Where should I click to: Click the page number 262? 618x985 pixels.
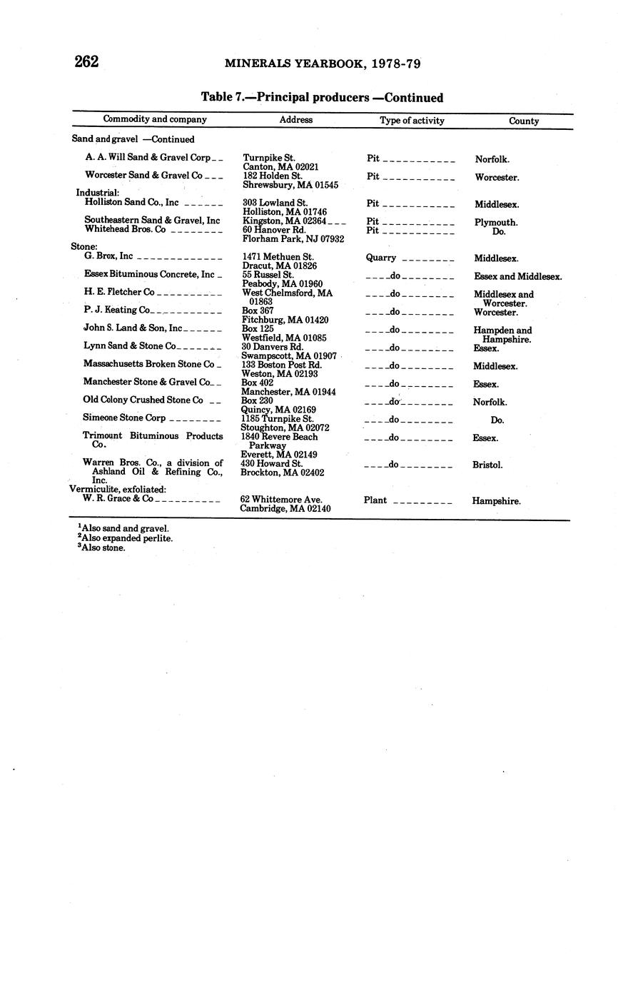86,62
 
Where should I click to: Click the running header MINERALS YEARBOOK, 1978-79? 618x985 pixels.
323,64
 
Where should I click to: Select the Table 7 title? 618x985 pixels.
322,98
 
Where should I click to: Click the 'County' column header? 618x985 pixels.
524,121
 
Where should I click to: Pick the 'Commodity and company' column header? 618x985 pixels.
155,119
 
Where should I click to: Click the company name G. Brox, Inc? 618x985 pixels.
108,256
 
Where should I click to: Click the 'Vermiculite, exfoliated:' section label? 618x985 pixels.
118,489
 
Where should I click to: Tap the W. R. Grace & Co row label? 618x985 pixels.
118,498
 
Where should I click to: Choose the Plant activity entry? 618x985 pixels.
375,500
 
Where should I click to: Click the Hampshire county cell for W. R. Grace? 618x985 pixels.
496,501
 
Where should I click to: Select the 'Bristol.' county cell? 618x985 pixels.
487,465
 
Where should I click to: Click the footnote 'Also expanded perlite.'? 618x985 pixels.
127,538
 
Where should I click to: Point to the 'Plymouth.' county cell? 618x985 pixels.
496,222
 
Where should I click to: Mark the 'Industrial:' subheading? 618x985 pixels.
98,193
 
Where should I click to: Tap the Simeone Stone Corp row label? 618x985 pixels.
124,418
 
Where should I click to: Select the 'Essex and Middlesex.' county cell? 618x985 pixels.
517,276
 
